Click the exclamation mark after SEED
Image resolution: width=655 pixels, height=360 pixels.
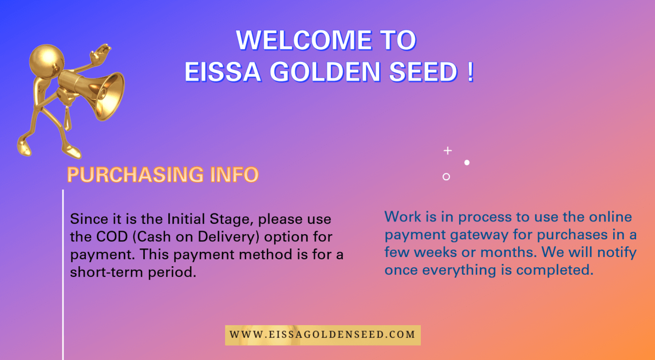pos(471,72)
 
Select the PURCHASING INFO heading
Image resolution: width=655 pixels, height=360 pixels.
pos(163,175)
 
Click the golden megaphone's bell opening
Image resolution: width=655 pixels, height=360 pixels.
pos(112,96)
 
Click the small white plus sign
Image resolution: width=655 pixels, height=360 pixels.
pos(448,151)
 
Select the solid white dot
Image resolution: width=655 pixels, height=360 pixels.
pos(467,163)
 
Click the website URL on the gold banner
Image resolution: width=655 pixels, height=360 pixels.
pos(322,335)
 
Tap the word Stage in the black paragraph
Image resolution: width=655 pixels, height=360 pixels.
pos(233,219)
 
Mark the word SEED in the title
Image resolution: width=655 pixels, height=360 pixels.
pos(424,72)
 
